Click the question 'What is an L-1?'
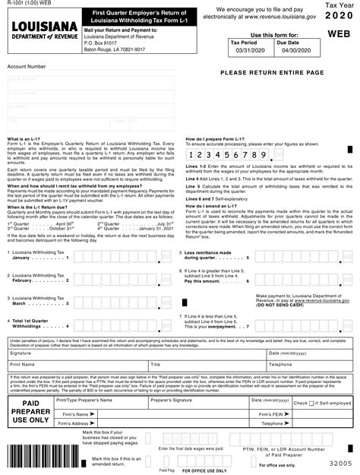(24, 140)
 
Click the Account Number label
(26, 67)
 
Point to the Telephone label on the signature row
(281, 365)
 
